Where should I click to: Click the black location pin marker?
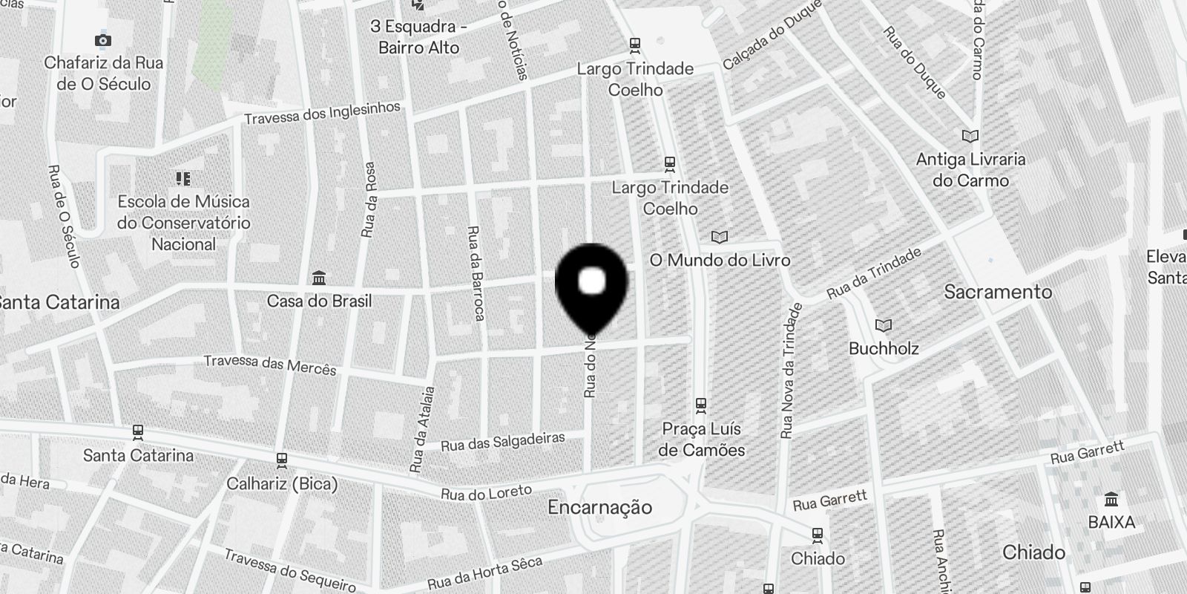591,286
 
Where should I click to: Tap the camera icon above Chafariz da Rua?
103,40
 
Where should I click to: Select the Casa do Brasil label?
319,301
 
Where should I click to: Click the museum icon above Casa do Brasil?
319,278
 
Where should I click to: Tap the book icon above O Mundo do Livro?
719,238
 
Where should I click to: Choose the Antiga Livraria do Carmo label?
970,169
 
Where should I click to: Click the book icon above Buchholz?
883,326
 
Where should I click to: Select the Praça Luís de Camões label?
702,439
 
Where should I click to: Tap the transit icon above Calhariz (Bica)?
281,461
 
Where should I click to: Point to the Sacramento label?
998,292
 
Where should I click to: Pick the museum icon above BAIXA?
1111,499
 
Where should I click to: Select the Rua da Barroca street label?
475,273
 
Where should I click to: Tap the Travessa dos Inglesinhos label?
322,113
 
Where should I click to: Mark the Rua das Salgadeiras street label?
502,442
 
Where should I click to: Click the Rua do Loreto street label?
486,492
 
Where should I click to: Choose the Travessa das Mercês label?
269,365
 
